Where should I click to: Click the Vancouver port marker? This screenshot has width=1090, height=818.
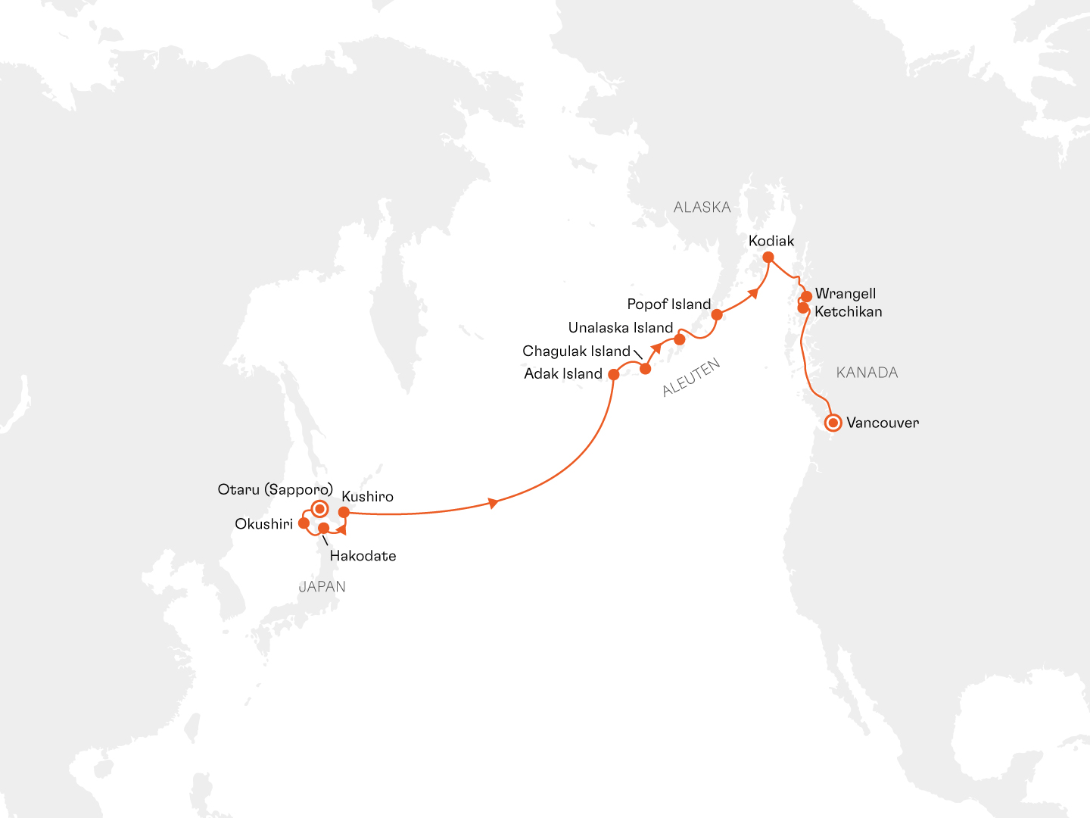[x=833, y=423]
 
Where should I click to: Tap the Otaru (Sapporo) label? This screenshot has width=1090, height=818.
[x=275, y=489]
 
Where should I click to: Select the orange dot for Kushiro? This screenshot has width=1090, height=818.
[x=344, y=513]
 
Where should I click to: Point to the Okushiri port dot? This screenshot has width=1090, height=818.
[x=304, y=523]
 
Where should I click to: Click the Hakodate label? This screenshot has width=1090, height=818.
[x=363, y=556]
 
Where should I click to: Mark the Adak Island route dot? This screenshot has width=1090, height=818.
[x=614, y=374]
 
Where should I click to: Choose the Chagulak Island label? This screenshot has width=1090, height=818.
[x=576, y=351]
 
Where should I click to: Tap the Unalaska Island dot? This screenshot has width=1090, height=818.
[x=680, y=339]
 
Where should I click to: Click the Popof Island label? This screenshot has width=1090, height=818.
[x=669, y=304]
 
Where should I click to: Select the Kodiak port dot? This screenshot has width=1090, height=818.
[x=768, y=258]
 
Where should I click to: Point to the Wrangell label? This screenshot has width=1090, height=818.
[x=846, y=294]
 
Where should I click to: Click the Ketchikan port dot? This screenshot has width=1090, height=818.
[x=803, y=308]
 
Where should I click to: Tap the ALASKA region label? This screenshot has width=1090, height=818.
[x=702, y=208]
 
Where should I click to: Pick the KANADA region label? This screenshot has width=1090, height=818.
[x=867, y=373]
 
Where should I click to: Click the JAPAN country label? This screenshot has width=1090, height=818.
[x=322, y=586]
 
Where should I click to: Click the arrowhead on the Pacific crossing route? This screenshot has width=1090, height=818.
[x=494, y=503]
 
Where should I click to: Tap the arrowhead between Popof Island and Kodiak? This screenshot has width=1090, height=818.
[x=753, y=292]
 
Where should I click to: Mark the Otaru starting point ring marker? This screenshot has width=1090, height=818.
[x=319, y=508]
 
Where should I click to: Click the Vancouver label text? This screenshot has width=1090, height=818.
[x=883, y=423]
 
